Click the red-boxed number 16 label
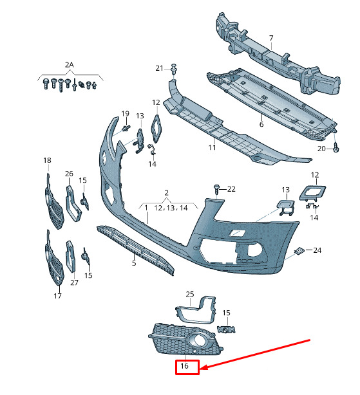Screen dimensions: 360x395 click(185, 366)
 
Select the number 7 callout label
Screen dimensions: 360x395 click(271, 38)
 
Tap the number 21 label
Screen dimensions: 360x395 click(159, 68)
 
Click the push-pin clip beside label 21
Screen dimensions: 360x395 click(174, 69)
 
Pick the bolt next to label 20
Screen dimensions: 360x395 click(336, 147)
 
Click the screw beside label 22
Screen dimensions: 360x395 click(216, 189)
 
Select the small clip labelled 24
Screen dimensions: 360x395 click(299, 251)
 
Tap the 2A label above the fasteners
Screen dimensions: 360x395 click(70, 65)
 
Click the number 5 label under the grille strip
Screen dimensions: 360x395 click(134, 263)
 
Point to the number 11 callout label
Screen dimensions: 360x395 click(213, 147)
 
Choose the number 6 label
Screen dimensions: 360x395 click(261, 124)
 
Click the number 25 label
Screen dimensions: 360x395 click(190, 294)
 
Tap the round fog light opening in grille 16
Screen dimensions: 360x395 click(199, 340)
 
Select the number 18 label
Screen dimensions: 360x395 click(47, 160)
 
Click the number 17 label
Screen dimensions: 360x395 click(57, 296)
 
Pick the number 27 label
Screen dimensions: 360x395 click(74, 282)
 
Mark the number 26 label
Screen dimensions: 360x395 click(69, 174)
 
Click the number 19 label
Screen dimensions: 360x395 click(126, 114)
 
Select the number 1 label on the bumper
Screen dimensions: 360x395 click(146, 208)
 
